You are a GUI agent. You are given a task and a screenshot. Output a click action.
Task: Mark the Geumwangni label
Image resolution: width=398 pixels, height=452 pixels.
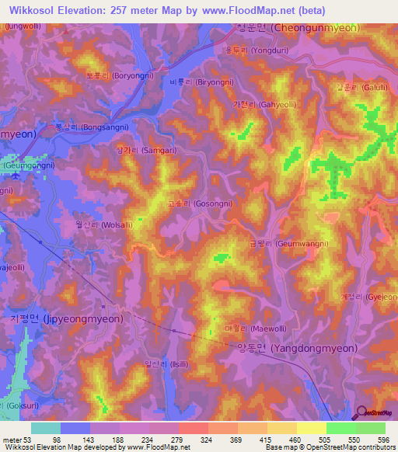tap(271, 243)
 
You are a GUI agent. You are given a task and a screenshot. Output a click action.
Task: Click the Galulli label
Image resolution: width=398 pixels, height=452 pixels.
tap(354, 88)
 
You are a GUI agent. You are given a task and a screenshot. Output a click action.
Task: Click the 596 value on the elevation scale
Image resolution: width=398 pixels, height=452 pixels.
tap(375, 440)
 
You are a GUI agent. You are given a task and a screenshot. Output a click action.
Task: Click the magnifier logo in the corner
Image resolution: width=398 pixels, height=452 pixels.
tap(362, 415)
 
